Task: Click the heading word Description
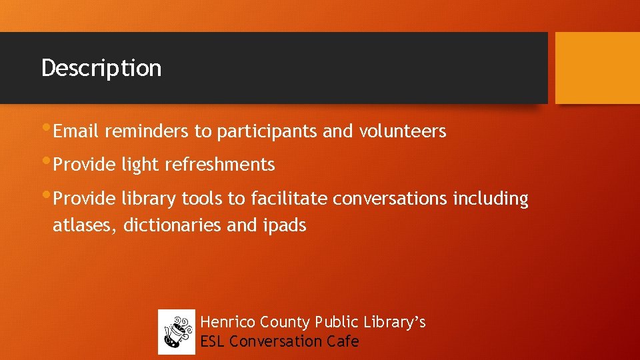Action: [101, 68]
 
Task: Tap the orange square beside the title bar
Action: [597, 68]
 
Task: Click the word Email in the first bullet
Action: [75, 132]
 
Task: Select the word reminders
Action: [146, 132]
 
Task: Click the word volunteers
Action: [403, 132]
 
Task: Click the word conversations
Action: [390, 199]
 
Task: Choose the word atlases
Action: [85, 226]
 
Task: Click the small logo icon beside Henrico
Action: [177, 332]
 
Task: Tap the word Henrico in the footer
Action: [228, 323]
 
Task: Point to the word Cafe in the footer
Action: [343, 341]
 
